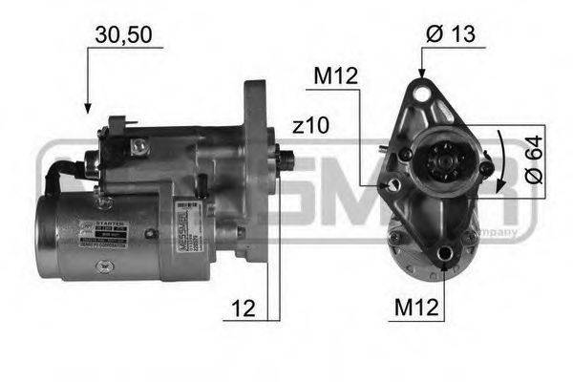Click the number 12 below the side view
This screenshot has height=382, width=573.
242,308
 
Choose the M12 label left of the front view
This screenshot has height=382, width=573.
337,75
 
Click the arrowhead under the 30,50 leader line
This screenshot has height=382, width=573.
88,108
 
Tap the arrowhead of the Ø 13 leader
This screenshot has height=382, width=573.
421,72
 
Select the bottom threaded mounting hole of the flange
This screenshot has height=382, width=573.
445,253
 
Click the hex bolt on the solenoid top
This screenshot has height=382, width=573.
139,145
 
